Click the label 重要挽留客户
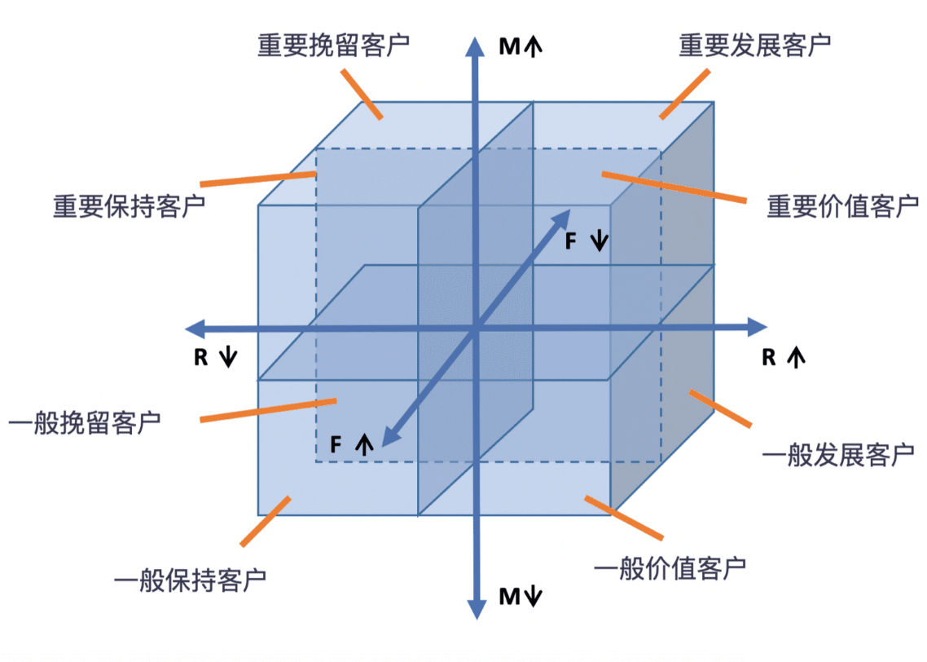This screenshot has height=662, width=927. [333, 44]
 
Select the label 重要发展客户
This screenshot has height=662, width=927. [754, 45]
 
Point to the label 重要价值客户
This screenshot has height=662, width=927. [842, 206]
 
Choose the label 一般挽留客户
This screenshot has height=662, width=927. [84, 423]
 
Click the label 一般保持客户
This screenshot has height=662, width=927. [191, 580]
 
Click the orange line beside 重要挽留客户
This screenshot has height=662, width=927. [361, 95]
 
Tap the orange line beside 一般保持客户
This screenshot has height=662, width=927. [266, 521]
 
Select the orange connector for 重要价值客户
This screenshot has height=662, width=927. [673, 187]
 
